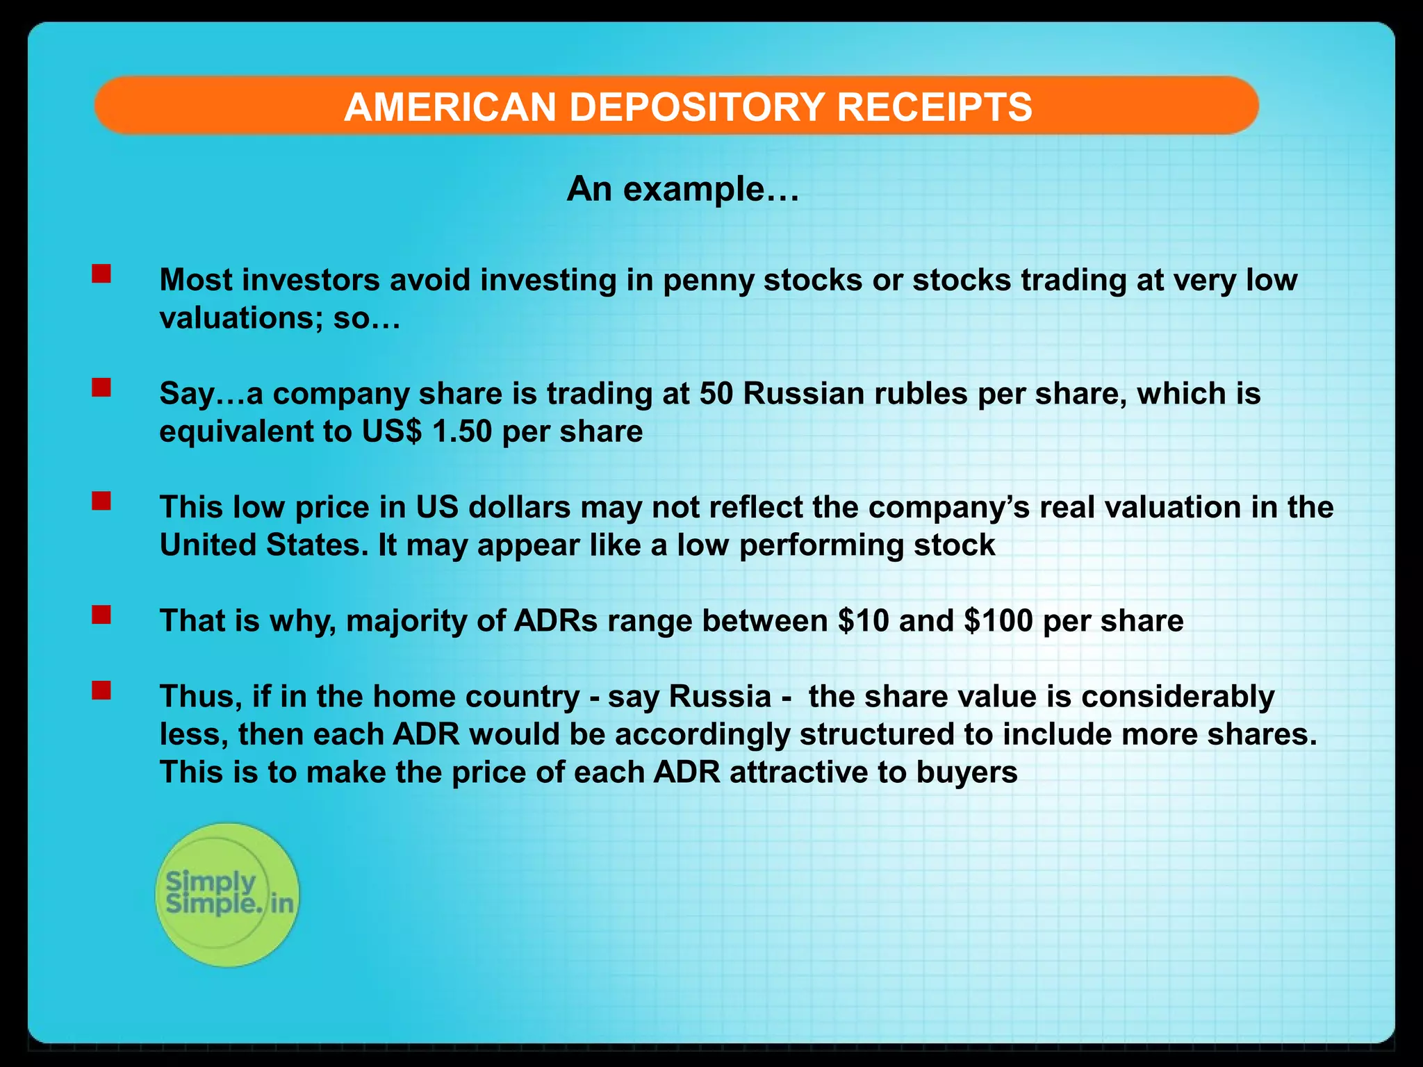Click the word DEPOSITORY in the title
tap(702, 107)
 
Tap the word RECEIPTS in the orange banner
tap(934, 107)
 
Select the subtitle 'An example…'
tap(683, 189)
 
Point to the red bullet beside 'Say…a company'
tap(101, 387)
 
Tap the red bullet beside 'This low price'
tap(101, 501)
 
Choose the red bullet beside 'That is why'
tap(101, 615)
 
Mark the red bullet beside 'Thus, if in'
tap(101, 690)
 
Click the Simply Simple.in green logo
tap(227, 895)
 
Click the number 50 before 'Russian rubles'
tap(716, 394)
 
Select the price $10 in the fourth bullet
tap(863, 621)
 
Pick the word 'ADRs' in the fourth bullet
tap(555, 621)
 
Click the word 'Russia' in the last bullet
tap(719, 697)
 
